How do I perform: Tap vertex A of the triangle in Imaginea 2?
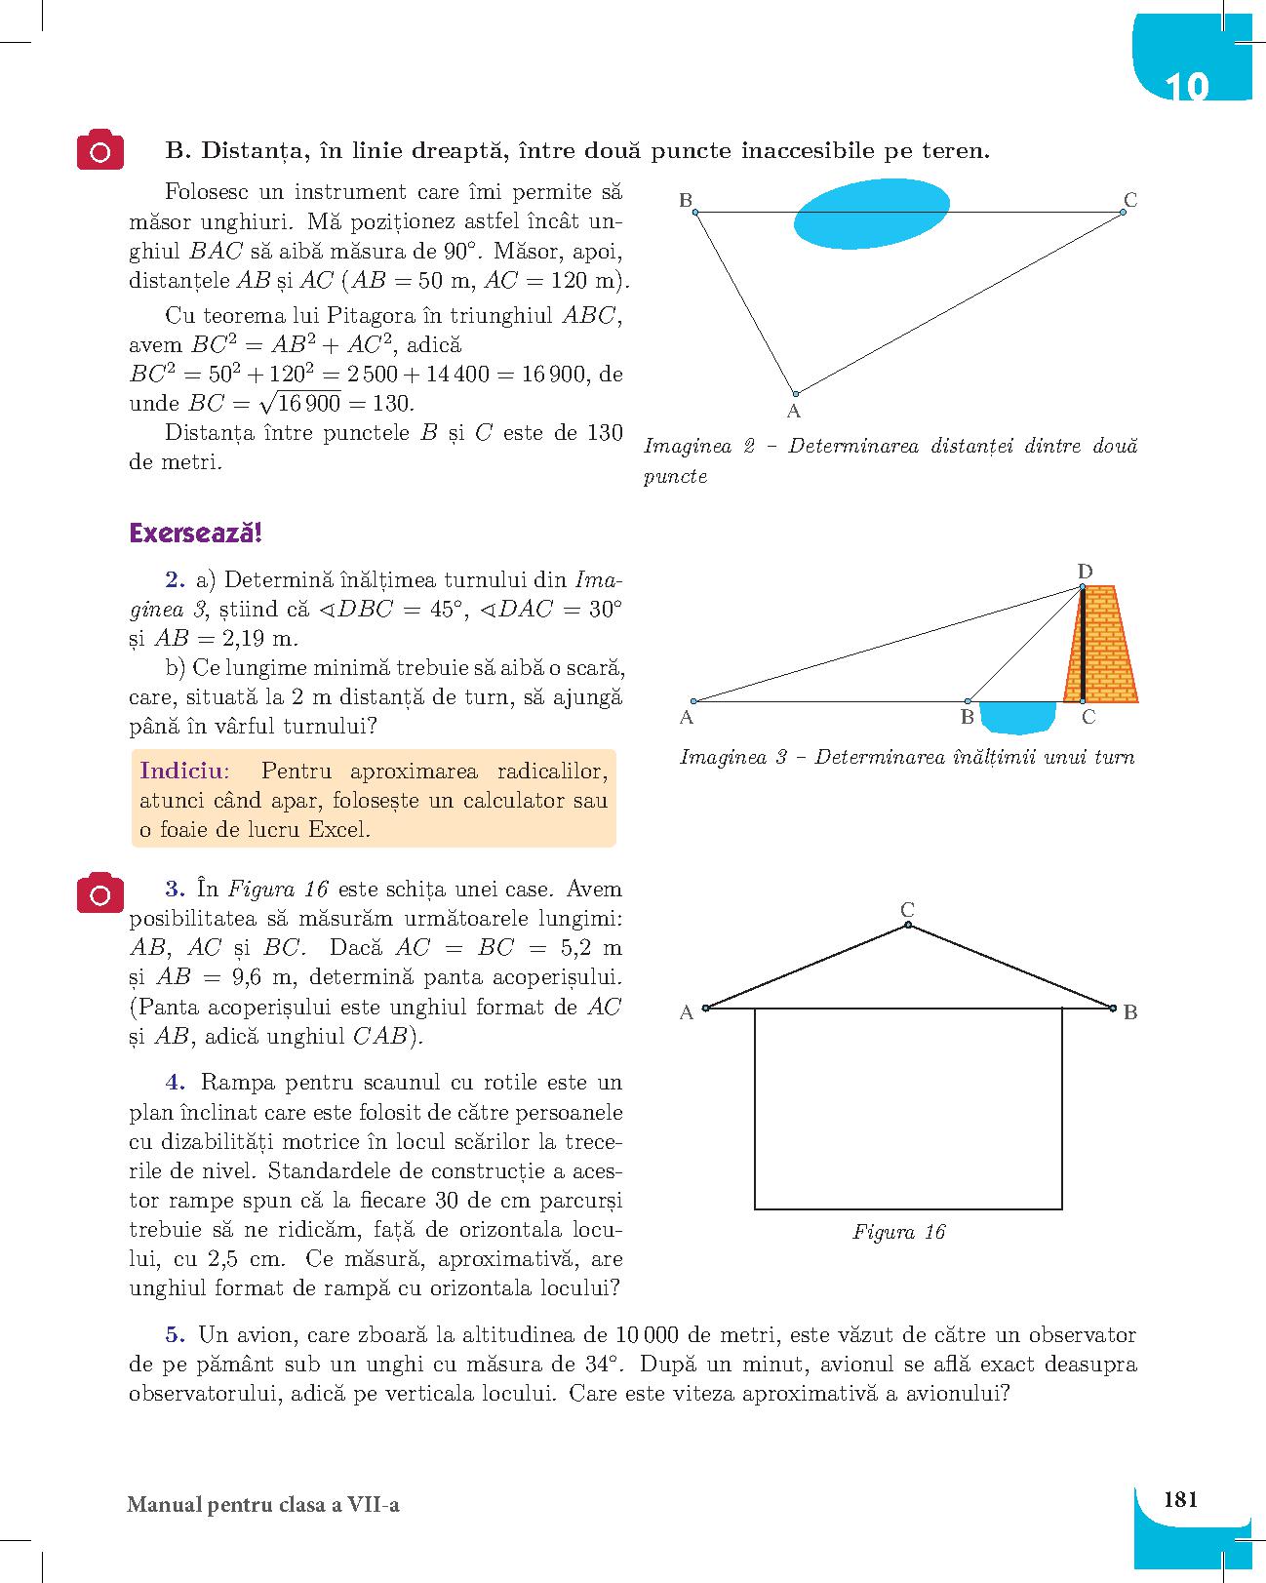(795, 393)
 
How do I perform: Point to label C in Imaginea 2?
(1129, 200)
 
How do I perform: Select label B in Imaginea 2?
(686, 201)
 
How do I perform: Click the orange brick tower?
(1108, 644)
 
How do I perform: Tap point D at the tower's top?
(1083, 586)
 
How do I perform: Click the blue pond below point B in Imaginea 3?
(1017, 717)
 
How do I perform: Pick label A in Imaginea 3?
(687, 718)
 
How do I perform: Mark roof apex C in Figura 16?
(907, 924)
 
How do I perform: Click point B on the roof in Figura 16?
(1113, 1008)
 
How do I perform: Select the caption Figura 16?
(898, 1232)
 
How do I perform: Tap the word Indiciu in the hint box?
(182, 771)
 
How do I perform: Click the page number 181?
(1180, 1499)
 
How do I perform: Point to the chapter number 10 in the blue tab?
(1186, 87)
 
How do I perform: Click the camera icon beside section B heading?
(100, 150)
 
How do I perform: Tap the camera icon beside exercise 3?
(100, 892)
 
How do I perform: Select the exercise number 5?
(175, 1334)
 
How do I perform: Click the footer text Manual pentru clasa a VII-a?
(263, 1505)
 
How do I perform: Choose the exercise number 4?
(175, 1082)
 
